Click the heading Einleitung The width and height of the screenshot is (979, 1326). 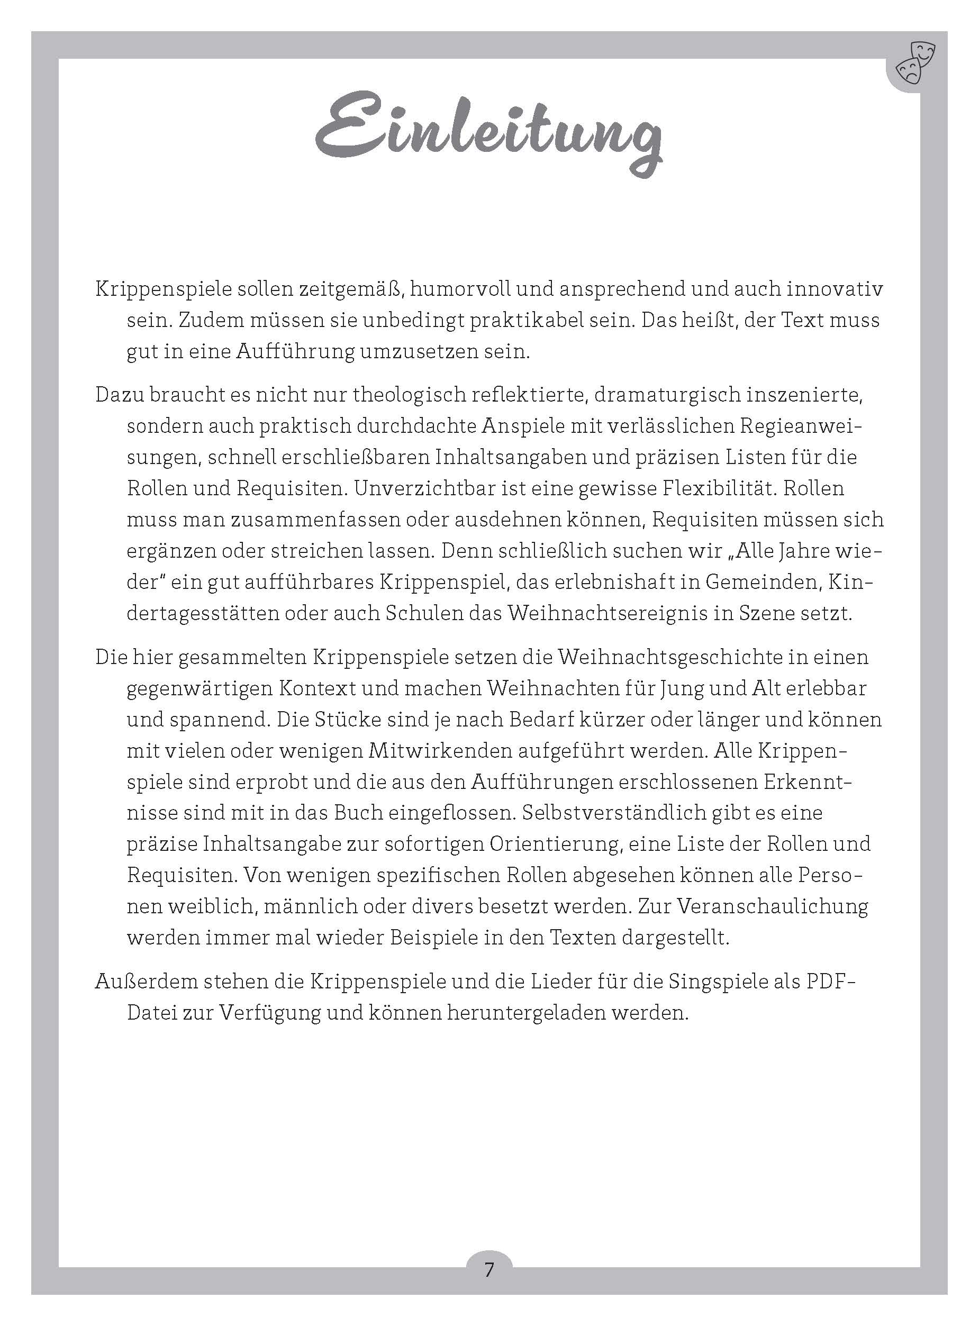coord(488,133)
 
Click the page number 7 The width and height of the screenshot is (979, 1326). coord(489,1270)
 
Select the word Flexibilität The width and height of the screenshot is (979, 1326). coord(711,489)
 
